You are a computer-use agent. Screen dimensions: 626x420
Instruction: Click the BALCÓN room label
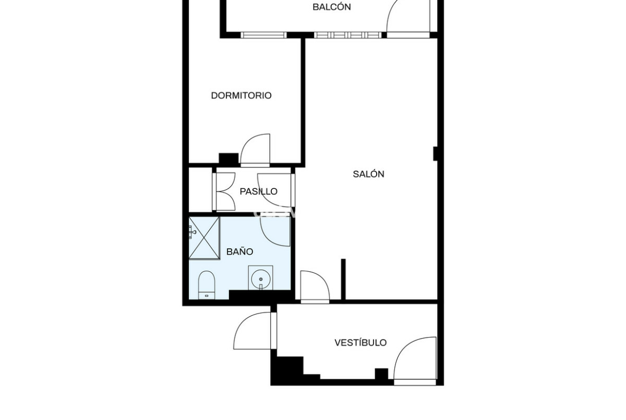pyautogui.click(x=331, y=7)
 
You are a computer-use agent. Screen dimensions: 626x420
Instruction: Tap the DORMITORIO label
pyautogui.click(x=241, y=95)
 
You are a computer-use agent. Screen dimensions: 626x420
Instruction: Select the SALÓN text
pyautogui.click(x=369, y=174)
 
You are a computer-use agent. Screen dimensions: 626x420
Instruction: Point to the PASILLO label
pyautogui.click(x=258, y=192)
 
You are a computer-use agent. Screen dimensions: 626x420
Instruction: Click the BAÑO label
pyautogui.click(x=240, y=251)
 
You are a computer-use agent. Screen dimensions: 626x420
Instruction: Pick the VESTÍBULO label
pyautogui.click(x=361, y=342)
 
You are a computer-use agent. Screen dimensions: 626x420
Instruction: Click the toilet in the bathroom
pyautogui.click(x=207, y=285)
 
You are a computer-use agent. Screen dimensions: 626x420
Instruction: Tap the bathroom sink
pyautogui.click(x=261, y=278)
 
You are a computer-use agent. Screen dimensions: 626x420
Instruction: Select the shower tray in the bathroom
pyautogui.click(x=204, y=238)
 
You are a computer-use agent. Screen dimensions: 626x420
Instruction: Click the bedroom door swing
pyautogui.click(x=256, y=150)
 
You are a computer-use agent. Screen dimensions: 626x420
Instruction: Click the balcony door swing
pyautogui.click(x=408, y=18)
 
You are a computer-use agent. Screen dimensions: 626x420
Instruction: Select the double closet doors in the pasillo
pyautogui.click(x=226, y=192)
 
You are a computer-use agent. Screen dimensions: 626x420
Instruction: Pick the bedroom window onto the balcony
pyautogui.click(x=264, y=35)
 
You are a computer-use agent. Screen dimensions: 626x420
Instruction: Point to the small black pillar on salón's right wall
pyautogui.click(x=436, y=154)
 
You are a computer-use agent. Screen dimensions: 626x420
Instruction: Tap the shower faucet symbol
pyautogui.click(x=193, y=232)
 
